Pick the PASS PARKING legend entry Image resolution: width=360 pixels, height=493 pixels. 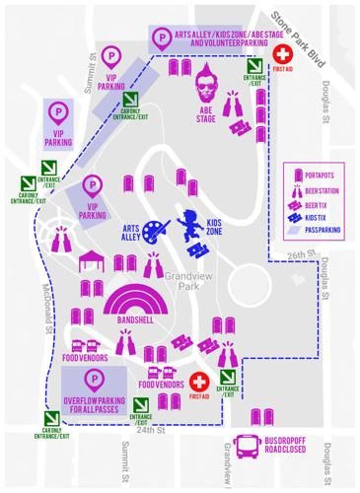[321, 234]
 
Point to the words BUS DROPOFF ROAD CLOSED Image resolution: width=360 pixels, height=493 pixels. [297, 445]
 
